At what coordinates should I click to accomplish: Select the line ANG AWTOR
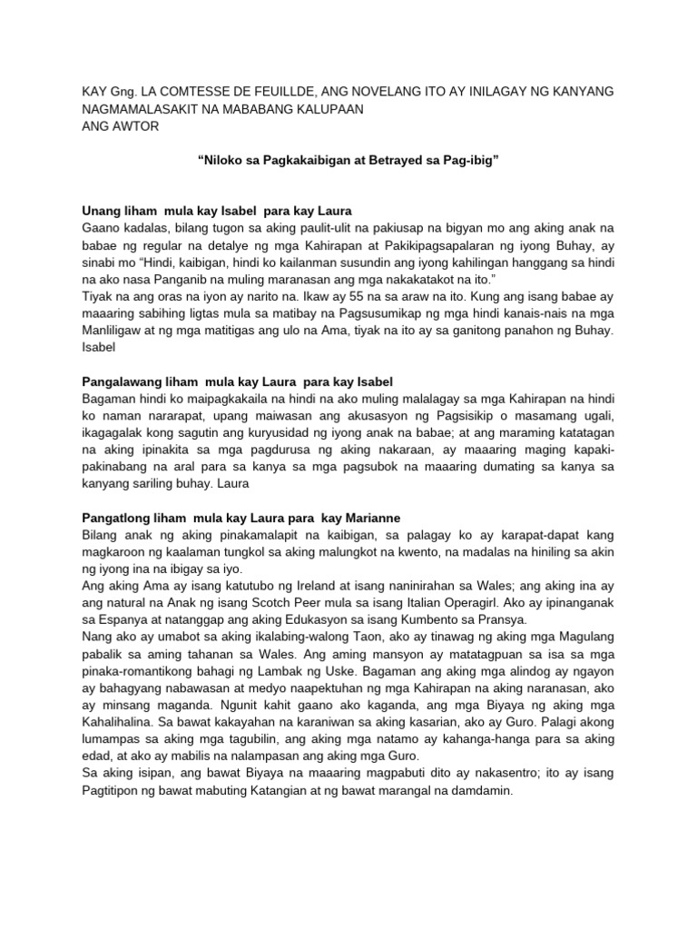tap(120, 126)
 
